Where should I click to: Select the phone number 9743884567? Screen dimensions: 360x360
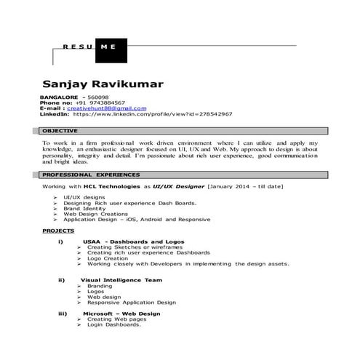tap(107, 103)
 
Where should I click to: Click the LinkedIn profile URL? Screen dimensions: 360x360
tap(152, 114)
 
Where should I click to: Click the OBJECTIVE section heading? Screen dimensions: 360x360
tap(61, 132)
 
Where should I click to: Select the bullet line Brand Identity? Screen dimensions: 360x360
tap(84, 209)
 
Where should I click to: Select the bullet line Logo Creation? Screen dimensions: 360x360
tap(108, 258)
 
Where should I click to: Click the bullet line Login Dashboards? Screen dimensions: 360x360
tap(113, 324)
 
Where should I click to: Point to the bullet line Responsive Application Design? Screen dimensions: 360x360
tap(131, 302)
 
